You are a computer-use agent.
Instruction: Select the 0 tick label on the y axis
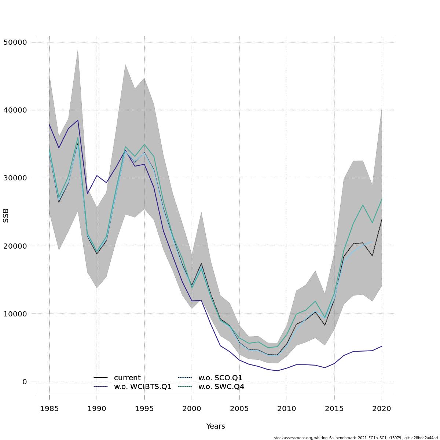point(25,382)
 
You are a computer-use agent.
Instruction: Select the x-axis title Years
point(216,426)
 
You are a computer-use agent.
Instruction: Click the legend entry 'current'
point(127,378)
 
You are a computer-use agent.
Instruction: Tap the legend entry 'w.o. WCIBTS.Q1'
point(143,387)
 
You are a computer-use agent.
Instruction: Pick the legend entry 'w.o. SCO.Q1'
point(220,378)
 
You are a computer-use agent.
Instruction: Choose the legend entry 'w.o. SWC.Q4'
point(221,387)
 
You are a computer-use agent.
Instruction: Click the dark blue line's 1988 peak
point(78,120)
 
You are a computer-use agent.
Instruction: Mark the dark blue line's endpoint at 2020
point(382,346)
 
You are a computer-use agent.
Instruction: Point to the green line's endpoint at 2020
point(382,199)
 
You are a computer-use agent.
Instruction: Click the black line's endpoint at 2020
point(382,220)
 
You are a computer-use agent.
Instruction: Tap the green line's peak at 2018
point(363,205)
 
